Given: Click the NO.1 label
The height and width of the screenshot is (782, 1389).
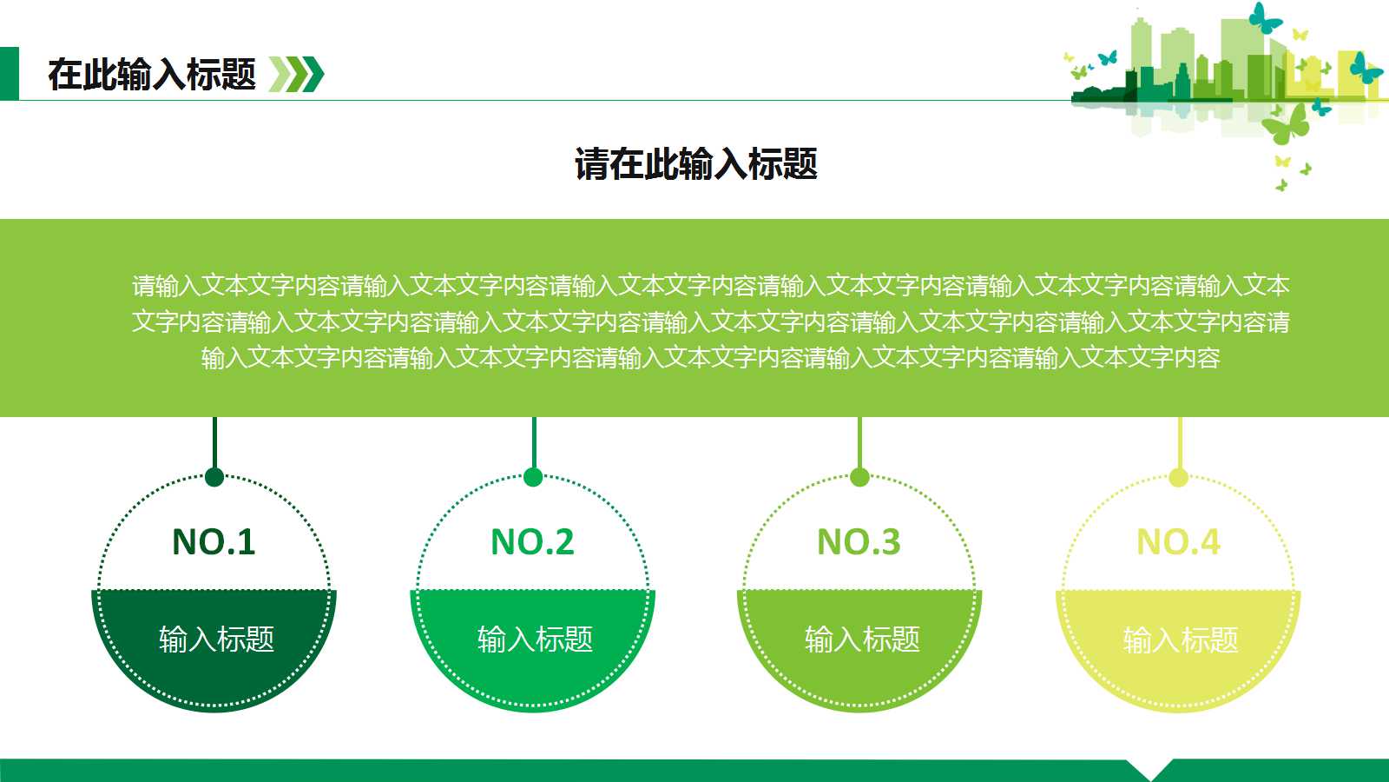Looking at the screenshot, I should [x=214, y=542].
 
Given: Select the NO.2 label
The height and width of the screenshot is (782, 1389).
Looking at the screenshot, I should [x=532, y=542].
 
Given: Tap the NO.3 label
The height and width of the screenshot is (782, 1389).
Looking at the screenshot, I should [x=859, y=542].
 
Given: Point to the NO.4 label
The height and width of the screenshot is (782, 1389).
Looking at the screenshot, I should [x=1178, y=542].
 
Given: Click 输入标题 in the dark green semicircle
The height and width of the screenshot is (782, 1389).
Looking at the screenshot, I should [x=216, y=640].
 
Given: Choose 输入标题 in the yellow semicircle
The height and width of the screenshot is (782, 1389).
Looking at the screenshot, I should [x=1181, y=640].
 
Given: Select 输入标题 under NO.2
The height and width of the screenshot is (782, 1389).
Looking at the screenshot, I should [x=535, y=640].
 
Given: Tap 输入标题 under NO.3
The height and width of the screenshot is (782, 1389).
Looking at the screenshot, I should [x=862, y=640].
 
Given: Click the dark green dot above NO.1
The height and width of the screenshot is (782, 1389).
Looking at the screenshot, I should [x=214, y=477].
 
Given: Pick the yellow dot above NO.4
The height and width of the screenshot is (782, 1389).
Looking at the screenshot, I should [x=1179, y=477].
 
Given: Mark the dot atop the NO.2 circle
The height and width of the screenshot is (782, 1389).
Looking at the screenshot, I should [x=533, y=477].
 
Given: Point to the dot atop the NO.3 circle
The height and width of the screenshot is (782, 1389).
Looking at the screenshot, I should [x=859, y=477].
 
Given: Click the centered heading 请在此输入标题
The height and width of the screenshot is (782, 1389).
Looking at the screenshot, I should [x=695, y=164].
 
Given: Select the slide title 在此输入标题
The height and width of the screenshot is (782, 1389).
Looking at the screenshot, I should [x=152, y=75].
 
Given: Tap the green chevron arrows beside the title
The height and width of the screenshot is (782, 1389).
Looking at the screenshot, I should [x=296, y=74].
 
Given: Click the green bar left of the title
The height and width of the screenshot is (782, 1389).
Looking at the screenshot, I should [x=9, y=74].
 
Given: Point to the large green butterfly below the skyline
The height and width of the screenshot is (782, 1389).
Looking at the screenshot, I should [x=1287, y=124].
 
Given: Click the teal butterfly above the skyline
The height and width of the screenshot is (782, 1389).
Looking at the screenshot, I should [x=1265, y=18].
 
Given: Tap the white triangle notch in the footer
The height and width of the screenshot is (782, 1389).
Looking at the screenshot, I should [x=1150, y=769].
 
